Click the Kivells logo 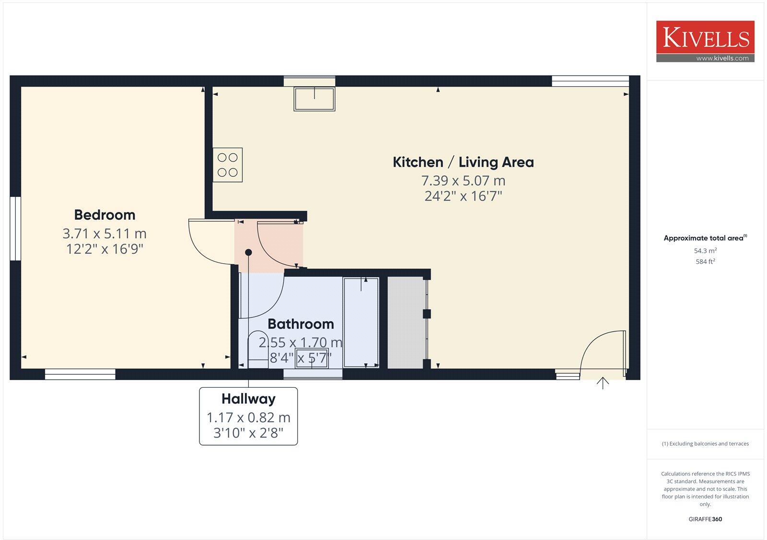coord(705,41)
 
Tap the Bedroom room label coord(105,215)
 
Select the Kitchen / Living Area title coord(463,162)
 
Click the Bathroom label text coord(301,324)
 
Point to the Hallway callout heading coord(248,399)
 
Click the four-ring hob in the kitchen coord(228,165)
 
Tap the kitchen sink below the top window coord(314,99)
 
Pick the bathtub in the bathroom coord(361,322)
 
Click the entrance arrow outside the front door coord(603,383)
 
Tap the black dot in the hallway coord(248,252)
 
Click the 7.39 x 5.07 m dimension coord(463,181)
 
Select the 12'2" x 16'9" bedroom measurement coord(105,249)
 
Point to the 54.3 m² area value coord(705,251)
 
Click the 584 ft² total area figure coord(705,262)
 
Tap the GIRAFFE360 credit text coord(705,519)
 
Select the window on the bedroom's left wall coord(15,229)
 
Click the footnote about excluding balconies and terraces coord(705,444)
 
